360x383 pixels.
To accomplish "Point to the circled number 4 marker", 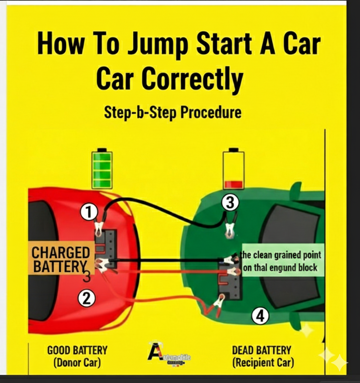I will (260, 317).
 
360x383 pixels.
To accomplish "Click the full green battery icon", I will (102, 169).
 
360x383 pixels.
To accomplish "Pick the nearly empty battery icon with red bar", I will (233, 169).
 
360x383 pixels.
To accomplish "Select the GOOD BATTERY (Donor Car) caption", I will (77, 356).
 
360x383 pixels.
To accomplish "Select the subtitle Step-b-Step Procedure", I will (173, 112).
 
